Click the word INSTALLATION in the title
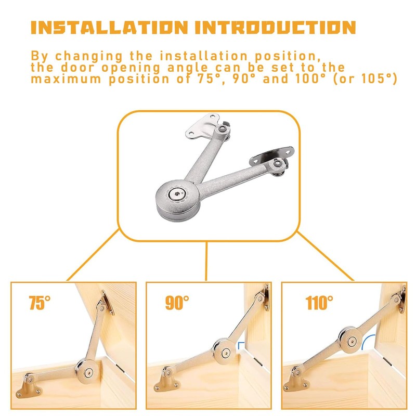point(109,28)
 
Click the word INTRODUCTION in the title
point(276,28)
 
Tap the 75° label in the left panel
point(40,303)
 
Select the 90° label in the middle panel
point(177,303)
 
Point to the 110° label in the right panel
point(319,303)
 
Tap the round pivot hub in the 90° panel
point(225,352)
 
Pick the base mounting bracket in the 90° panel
point(166,381)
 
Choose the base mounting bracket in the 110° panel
point(296,380)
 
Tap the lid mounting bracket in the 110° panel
point(400,299)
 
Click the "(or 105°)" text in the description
point(365,79)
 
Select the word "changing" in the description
point(88,57)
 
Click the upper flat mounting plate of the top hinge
point(202,127)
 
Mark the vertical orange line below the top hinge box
point(206,261)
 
